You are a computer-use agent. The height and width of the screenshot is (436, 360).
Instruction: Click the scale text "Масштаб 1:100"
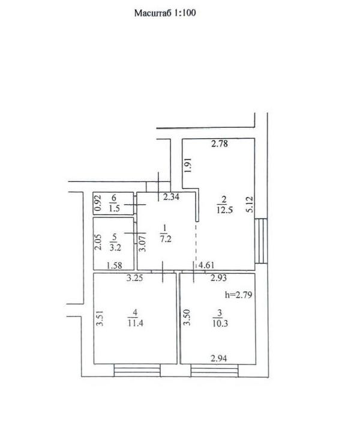[x=165, y=13]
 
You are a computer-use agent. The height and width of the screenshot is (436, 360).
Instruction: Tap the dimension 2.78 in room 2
[x=220, y=144]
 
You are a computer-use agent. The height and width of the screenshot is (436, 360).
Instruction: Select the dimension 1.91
[x=188, y=165]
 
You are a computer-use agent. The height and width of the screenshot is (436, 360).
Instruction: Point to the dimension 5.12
[x=250, y=205]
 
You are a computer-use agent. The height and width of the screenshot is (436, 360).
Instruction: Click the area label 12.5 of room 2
[x=225, y=210]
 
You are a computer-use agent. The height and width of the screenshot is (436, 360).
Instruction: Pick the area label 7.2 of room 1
[x=166, y=238]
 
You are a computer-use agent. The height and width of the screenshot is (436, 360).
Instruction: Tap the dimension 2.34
[x=171, y=197]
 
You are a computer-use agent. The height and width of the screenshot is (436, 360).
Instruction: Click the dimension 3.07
[x=143, y=244]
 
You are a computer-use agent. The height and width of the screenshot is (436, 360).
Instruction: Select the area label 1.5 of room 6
[x=114, y=208]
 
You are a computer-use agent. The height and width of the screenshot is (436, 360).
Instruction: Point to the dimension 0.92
[x=98, y=203]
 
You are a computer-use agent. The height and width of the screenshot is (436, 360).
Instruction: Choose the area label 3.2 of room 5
[x=115, y=247]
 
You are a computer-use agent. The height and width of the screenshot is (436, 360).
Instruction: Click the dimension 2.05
[x=98, y=242]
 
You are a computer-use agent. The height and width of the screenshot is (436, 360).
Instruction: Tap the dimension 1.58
[x=114, y=265]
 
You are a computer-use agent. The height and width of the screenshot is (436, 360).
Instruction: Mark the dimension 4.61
[x=206, y=265]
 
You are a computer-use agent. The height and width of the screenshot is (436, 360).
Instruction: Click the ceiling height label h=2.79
[x=239, y=294]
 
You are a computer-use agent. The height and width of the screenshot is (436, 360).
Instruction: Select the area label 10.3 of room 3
[x=220, y=323]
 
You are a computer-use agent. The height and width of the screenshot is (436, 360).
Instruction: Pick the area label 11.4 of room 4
[x=135, y=323]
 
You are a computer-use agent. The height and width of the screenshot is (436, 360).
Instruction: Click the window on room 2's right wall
[x=261, y=241]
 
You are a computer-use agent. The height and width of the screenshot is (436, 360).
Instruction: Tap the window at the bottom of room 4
[x=137, y=371]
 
